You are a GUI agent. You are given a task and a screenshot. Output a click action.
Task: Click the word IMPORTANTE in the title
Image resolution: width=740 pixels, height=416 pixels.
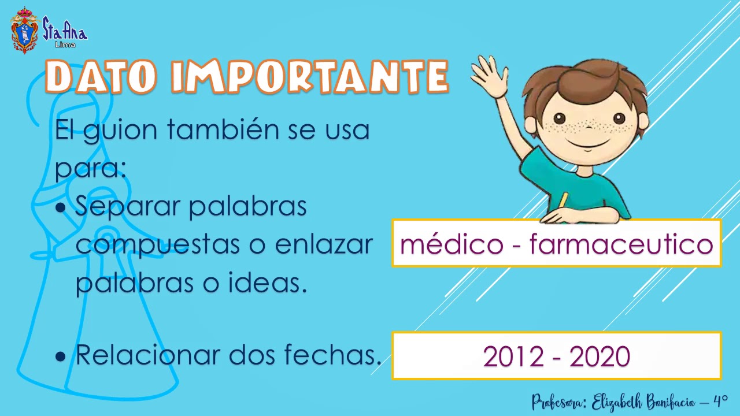point(309,76)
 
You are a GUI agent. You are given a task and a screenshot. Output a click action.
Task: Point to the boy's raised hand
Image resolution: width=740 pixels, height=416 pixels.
point(489,75)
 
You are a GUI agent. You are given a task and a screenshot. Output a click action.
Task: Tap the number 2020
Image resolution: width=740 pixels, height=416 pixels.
point(600,356)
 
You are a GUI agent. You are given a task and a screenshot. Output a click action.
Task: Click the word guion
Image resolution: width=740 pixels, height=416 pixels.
point(120,131)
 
